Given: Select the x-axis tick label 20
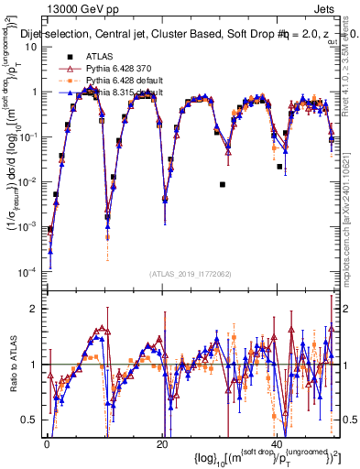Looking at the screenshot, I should pyautogui.click(x=161, y=443).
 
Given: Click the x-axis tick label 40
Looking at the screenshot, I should pyautogui.click(x=277, y=443).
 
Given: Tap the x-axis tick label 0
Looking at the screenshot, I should pyautogui.click(x=47, y=443).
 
